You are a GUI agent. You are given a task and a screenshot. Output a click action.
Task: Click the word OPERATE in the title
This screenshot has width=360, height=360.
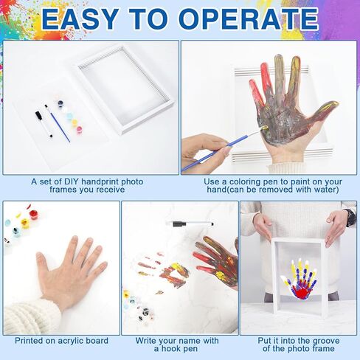[249, 19]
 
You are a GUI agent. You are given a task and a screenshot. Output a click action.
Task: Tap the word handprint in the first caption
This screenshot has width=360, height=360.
[100, 181]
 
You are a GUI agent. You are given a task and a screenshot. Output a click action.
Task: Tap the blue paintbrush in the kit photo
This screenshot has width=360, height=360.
[58, 123]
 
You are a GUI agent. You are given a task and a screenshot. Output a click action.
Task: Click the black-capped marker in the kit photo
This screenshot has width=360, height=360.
[44, 125]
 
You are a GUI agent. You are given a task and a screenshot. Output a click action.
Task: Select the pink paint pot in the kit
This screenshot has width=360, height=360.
[79, 129]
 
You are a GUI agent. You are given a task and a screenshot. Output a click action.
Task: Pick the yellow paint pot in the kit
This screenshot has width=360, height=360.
[75, 122]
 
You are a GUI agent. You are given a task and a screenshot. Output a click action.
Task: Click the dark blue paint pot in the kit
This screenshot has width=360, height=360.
[60, 103]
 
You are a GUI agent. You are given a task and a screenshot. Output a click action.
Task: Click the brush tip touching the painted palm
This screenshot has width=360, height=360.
[264, 128]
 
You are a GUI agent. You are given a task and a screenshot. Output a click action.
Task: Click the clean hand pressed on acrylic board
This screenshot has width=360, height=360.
[72, 271]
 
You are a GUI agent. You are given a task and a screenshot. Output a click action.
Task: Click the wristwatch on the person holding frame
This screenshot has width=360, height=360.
[351, 218]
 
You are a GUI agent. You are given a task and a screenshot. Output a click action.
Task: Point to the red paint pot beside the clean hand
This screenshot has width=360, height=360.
[34, 213]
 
